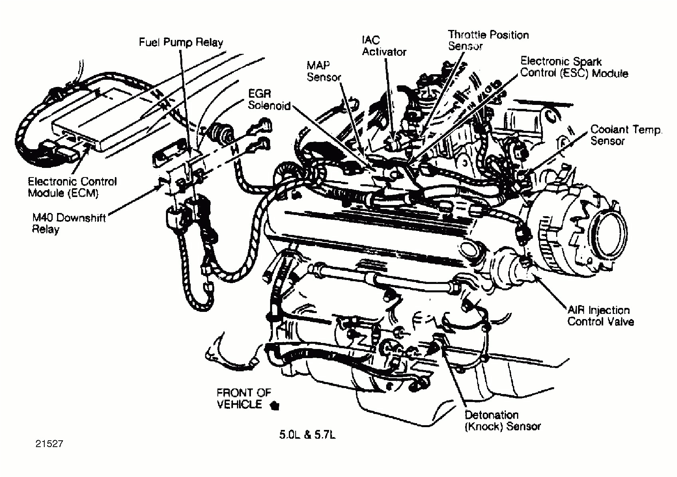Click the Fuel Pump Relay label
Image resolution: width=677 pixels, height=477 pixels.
tap(181, 42)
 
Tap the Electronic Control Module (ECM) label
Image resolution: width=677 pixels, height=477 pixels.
tap(72, 187)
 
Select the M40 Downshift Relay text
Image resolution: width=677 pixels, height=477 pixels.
tap(69, 224)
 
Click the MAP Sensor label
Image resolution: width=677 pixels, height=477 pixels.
tap(324, 71)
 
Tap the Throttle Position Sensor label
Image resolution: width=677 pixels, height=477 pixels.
tap(488, 40)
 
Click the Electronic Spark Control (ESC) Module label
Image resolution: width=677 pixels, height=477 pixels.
tap(574, 67)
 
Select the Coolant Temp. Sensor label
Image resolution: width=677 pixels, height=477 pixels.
tap(626, 135)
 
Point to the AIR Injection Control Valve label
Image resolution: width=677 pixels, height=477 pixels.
tap(600, 316)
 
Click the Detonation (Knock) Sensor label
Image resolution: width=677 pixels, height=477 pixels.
tap(502, 421)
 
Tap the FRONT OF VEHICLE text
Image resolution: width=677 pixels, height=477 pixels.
tap(243, 398)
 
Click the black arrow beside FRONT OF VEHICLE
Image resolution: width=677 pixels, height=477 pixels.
tap(274, 406)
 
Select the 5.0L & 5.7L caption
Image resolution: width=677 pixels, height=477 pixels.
tap(307, 435)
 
